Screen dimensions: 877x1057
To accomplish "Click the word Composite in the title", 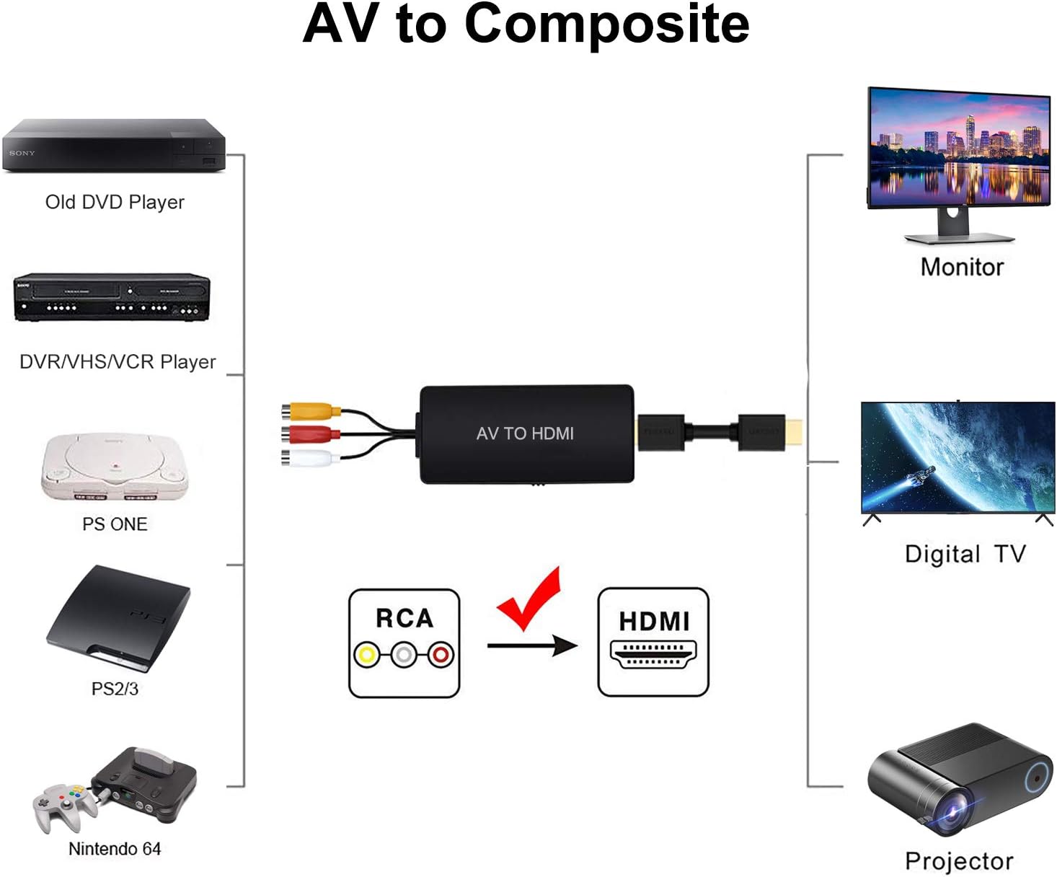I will pos(606,25).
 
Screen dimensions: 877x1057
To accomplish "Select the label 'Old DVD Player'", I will pos(115,202).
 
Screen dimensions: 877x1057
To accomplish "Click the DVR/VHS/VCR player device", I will pos(112,297).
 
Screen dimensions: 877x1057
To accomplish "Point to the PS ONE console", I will pos(115,467).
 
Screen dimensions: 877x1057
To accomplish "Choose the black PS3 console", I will pos(119,617).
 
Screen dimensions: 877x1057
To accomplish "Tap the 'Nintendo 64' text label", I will pos(115,849).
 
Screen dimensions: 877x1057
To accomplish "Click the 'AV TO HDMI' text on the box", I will pos(525,433).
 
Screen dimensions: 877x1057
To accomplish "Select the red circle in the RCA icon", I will pos(441,655).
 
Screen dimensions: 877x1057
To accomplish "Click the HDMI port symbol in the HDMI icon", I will pos(653,654).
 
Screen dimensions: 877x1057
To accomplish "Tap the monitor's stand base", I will pos(958,237).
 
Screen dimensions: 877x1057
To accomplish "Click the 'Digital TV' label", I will pos(965,554).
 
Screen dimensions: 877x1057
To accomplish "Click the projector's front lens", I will pos(951,814).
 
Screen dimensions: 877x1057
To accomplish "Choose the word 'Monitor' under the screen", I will pos(962,267).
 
